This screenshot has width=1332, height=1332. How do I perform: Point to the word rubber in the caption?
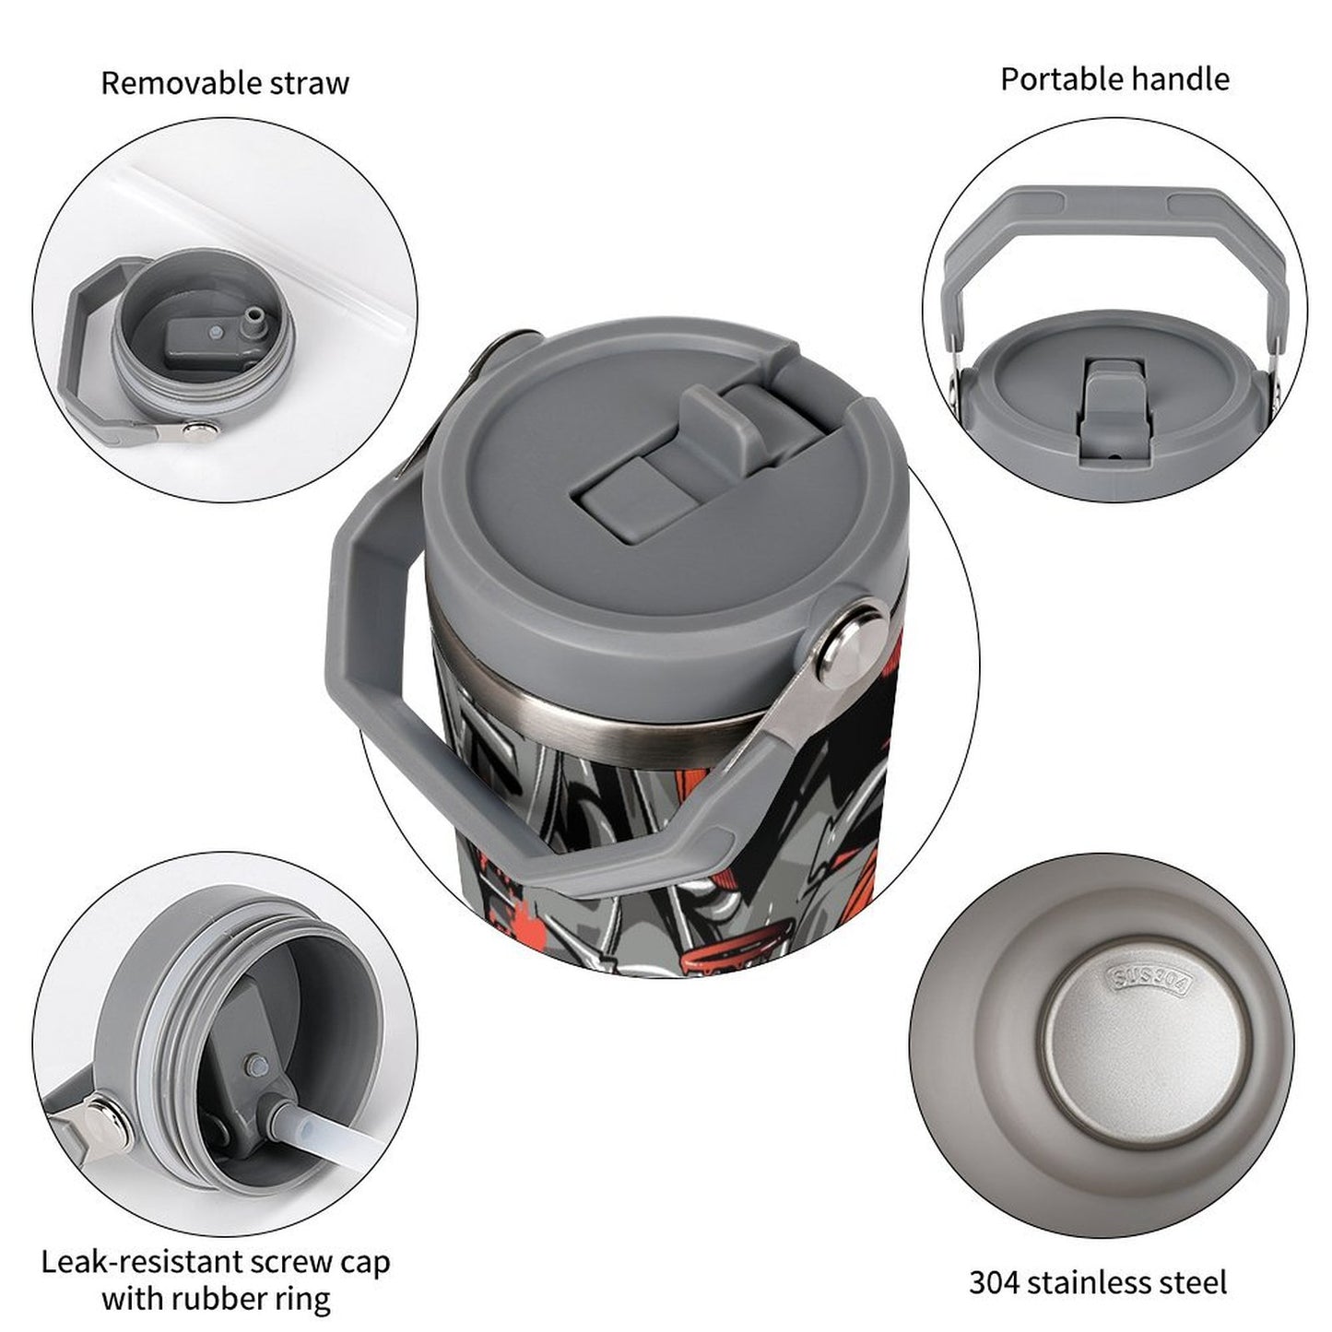tap(218, 1299)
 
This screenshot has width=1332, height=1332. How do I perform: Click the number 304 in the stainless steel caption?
tap(995, 1282)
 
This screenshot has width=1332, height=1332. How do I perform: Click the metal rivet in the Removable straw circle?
tap(196, 427)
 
